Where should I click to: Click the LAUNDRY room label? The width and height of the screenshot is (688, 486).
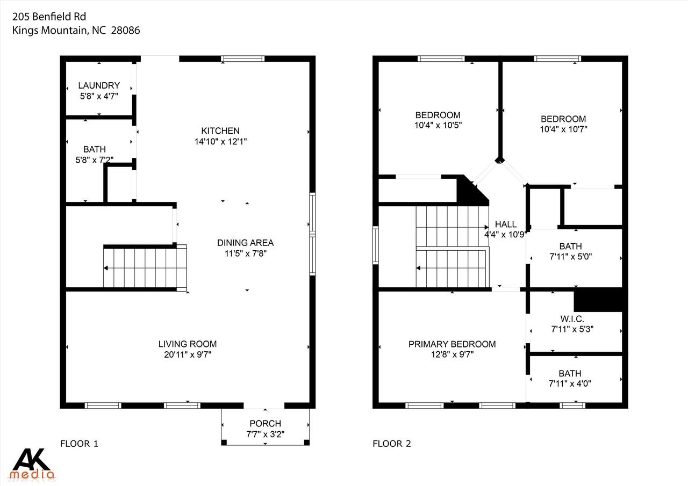[99, 85]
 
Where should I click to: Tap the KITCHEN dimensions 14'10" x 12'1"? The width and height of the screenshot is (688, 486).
[220, 141]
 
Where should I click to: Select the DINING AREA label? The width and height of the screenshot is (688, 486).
[245, 243]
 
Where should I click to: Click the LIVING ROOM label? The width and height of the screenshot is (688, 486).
[188, 344]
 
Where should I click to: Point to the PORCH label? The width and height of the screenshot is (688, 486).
[266, 424]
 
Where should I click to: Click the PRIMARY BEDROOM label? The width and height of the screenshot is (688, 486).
[451, 344]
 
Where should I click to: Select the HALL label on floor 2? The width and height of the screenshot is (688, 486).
[505, 224]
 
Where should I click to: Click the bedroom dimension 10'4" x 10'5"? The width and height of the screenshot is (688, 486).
[438, 125]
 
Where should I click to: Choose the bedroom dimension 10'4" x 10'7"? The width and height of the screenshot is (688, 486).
[563, 129]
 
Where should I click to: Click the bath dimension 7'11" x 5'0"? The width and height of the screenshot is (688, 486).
[570, 257]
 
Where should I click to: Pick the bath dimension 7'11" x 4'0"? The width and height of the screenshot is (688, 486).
[570, 383]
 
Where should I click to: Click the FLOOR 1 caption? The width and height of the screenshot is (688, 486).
[79, 444]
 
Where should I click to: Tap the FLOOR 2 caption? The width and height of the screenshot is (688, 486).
[391, 444]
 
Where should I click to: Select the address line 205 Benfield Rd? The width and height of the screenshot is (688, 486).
[49, 16]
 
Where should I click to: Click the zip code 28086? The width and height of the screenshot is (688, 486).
[125, 31]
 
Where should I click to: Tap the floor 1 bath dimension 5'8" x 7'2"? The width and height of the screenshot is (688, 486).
[95, 159]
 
